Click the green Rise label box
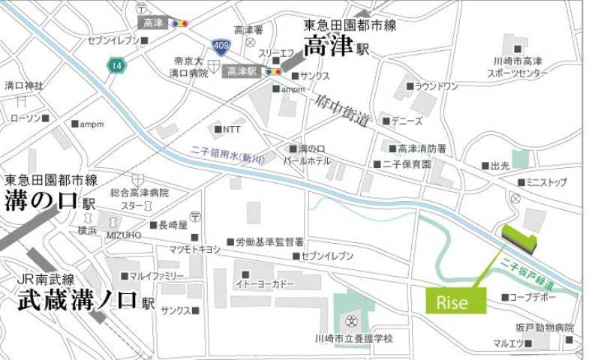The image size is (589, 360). point(455,301)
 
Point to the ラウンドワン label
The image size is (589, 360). point(436,86)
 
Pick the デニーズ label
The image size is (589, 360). point(407,121)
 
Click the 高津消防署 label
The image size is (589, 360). point(422,148)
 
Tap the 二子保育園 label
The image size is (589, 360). point(407,163)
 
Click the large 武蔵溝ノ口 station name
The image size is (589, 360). point(77,301)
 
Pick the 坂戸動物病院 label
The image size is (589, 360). point(544,328)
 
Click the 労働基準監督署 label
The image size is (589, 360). point(270,242)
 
